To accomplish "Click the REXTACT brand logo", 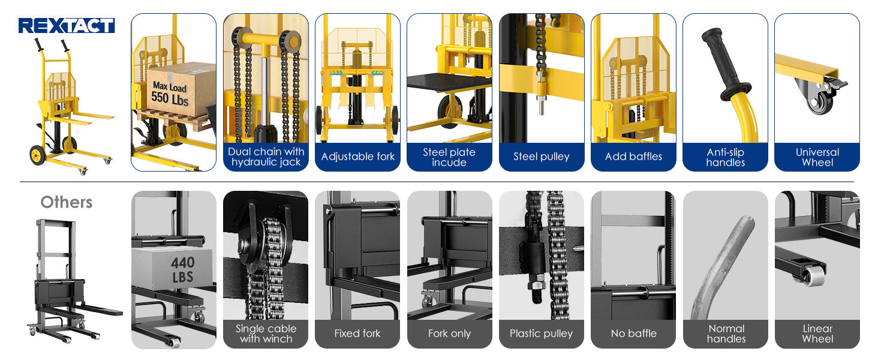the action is tap(66, 25).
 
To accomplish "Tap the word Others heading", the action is tap(67, 202).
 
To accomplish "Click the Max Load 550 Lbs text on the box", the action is tap(170, 94).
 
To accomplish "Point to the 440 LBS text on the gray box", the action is tap(182, 269).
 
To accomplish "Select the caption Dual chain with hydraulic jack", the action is tap(266, 157).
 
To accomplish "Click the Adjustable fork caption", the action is tap(358, 157).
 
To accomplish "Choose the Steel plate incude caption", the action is tap(449, 157).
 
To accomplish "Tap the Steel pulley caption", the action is tap(542, 157).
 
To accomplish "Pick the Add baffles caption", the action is tap(633, 157).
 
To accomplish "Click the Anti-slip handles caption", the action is tap(726, 157).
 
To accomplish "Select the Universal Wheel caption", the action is tap(817, 157).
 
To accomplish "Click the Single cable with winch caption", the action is tap(266, 334).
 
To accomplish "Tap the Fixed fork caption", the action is tap(357, 334).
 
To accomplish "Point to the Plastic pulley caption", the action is tap(542, 334).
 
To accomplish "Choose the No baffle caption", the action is tap(633, 334).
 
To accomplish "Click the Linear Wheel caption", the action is tap(817, 334).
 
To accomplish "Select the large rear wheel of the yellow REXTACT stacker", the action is tap(38, 155).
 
